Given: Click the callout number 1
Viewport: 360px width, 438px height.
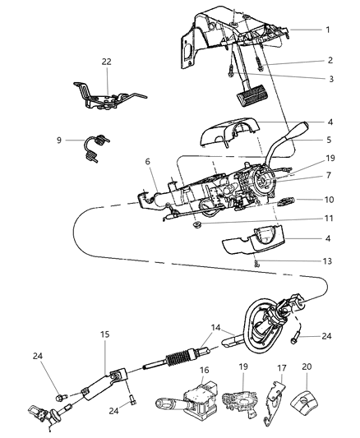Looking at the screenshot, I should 327,30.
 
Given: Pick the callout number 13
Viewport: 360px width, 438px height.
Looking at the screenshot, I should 327,264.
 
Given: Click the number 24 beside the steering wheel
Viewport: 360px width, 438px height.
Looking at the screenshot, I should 327,335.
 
